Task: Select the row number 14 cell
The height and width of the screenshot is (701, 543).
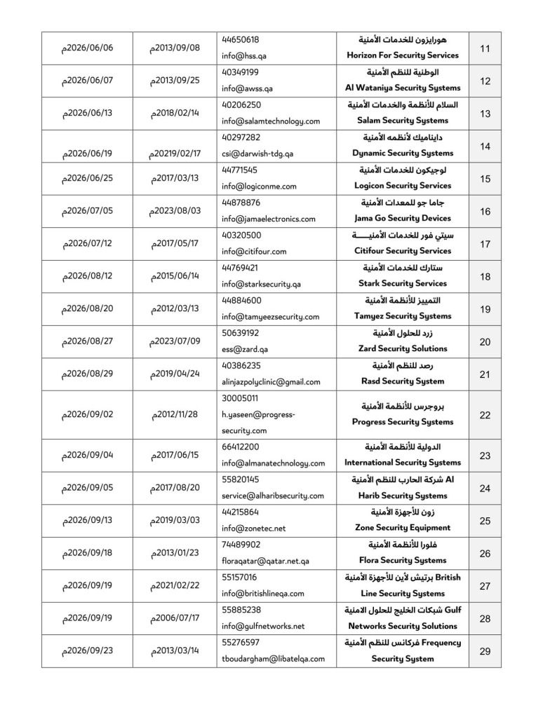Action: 484,146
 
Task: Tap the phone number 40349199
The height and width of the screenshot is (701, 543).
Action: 240,72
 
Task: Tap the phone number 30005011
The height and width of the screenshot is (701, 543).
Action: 240,397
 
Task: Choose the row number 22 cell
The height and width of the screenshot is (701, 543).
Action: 484,415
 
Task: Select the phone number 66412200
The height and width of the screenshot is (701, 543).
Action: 240,447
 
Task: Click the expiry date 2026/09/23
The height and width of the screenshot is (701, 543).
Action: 88,651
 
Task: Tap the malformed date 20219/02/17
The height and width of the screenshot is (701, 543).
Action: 175,154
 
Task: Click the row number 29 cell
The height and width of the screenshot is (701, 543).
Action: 484,651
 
